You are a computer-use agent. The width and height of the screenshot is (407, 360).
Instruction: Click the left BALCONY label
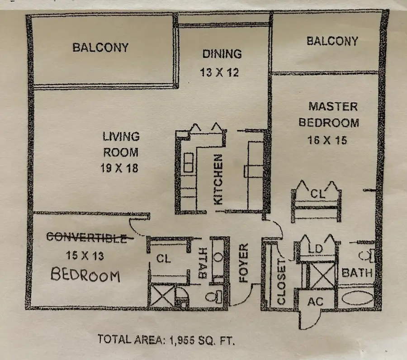100,47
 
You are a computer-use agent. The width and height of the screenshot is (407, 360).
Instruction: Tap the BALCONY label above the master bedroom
332,41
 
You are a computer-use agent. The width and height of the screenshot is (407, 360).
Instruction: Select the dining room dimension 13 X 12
219,72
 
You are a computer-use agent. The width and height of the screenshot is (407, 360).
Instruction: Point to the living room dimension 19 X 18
119,168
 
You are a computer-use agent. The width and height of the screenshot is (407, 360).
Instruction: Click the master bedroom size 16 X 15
327,140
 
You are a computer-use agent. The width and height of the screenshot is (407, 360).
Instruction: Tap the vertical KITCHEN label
218,180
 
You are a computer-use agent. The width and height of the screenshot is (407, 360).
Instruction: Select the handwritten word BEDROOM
85,275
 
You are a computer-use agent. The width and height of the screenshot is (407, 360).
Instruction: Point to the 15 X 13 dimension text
85,256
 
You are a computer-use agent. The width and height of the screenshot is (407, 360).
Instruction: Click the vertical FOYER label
244,263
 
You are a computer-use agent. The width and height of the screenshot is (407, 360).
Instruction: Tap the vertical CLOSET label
281,281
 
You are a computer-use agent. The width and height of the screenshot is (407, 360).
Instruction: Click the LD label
315,249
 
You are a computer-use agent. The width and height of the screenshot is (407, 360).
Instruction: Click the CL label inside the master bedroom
318,194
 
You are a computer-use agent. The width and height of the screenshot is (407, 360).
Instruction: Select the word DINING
222,54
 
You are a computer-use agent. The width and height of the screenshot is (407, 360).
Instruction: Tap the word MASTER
333,107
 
